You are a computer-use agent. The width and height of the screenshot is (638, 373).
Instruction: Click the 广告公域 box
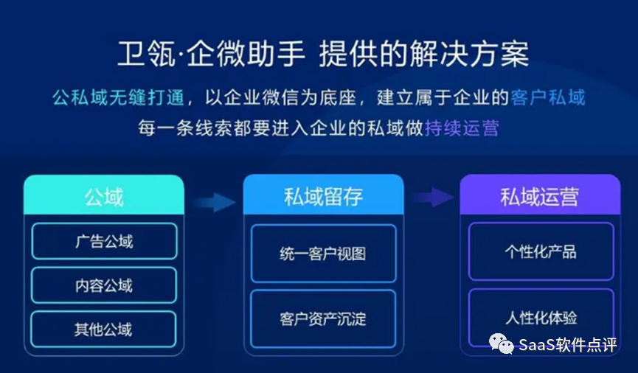pyautogui.click(x=103, y=241)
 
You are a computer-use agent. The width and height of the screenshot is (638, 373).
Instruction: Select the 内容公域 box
pyautogui.click(x=103, y=285)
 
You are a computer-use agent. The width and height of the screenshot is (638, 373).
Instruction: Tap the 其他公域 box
pyautogui.click(x=103, y=329)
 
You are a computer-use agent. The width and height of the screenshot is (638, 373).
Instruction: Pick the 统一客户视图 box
pyautogui.click(x=323, y=254)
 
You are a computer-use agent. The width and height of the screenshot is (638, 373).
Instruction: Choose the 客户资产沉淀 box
pyautogui.click(x=323, y=318)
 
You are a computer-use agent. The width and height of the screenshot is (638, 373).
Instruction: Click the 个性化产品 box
pyautogui.click(x=541, y=251)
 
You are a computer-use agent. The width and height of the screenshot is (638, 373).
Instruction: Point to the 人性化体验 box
pyautogui.click(x=541, y=318)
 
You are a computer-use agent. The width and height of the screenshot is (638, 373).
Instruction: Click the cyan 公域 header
pyautogui.click(x=103, y=196)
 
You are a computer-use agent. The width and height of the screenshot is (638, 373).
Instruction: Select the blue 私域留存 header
pyautogui.click(x=323, y=196)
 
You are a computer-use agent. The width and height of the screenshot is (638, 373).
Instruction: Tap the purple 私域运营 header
pyautogui.click(x=540, y=196)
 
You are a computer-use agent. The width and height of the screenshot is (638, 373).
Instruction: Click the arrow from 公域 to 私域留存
pyautogui.click(x=214, y=201)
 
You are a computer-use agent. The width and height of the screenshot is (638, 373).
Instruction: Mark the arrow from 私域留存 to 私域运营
pyautogui.click(x=433, y=197)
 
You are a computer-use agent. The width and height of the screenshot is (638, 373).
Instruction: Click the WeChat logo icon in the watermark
pyautogui.click(x=502, y=344)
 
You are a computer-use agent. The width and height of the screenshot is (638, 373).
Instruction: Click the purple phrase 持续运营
pyautogui.click(x=462, y=128)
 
